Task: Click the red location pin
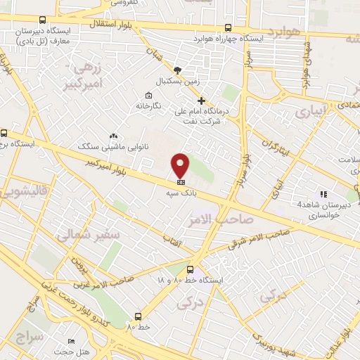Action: pyautogui.click(x=181, y=165)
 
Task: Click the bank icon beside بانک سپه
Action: pyautogui.click(x=181, y=181)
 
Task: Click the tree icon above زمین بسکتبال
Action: pyautogui.click(x=177, y=70)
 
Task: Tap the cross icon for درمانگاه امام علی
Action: pyautogui.click(x=201, y=101)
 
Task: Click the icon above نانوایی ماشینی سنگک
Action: pyautogui.click(x=112, y=136)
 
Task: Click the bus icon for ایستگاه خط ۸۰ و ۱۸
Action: pyautogui.click(x=189, y=269)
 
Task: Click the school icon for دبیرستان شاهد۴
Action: pyautogui.click(x=324, y=194)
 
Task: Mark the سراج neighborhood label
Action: pyautogui.click(x=28, y=336)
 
